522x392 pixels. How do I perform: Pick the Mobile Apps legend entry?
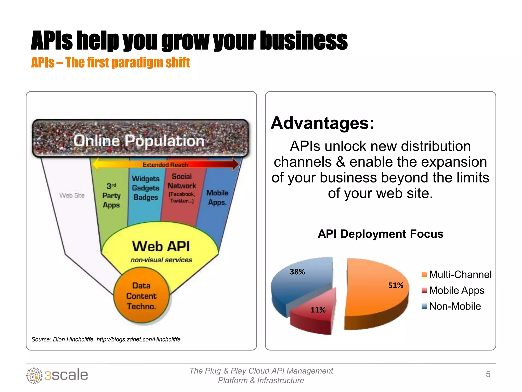coord(453,290)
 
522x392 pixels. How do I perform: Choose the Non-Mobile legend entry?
coord(451,306)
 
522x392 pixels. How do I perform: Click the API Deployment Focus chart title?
coord(380,234)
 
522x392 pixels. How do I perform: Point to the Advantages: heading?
coord(322,123)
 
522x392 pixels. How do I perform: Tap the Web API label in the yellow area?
coord(161,246)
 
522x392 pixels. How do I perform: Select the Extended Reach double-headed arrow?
coord(165,164)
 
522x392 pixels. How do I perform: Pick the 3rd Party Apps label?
coord(111,195)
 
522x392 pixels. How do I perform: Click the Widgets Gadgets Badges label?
coord(146,188)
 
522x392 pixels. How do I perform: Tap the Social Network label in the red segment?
coord(182,181)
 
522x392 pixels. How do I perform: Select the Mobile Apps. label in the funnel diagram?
coord(217,198)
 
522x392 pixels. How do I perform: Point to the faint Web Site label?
coord(72,195)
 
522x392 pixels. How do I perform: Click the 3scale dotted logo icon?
coord(34,375)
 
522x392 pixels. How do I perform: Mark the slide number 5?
coord(488,374)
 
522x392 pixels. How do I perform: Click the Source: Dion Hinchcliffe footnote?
coord(106,339)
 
